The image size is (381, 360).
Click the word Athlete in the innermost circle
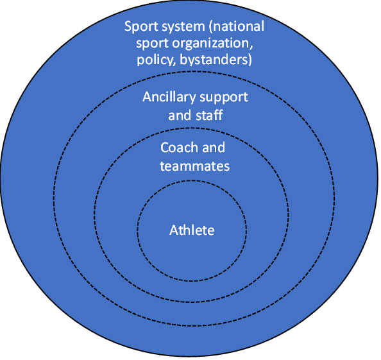point(192,230)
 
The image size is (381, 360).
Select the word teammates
point(194,166)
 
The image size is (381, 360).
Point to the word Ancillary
point(169,98)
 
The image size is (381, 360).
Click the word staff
point(209,115)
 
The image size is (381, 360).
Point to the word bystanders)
point(216,60)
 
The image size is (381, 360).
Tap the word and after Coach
point(214,148)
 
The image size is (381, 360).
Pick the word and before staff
point(180,115)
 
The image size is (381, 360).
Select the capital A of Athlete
point(174,230)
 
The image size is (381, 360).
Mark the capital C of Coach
point(165,148)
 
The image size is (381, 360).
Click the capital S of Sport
point(128,26)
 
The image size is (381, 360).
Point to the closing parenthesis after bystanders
point(250,60)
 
